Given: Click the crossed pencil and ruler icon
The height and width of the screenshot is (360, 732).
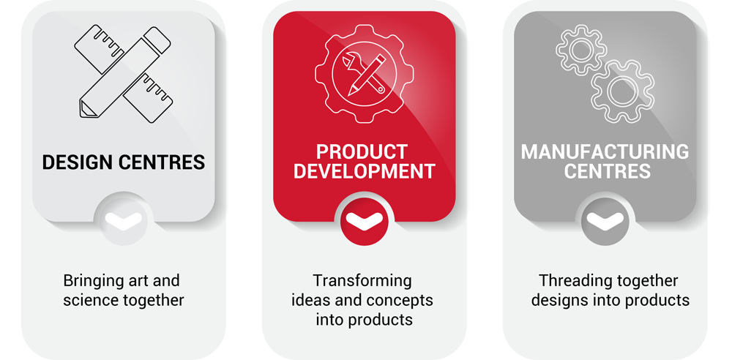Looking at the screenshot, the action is click(123, 74).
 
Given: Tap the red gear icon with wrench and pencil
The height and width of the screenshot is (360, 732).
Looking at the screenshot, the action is click(364, 74).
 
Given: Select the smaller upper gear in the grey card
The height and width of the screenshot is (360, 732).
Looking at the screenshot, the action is click(581, 50).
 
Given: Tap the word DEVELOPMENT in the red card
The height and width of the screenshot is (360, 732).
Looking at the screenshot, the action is click(364, 171).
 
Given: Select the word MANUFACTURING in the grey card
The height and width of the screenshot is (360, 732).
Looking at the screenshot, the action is click(605, 151).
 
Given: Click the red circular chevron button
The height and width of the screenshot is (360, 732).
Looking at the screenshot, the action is click(364, 221).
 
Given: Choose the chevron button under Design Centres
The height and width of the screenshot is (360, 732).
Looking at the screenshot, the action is click(123, 221).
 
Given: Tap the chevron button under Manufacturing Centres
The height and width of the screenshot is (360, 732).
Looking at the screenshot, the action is click(605, 221).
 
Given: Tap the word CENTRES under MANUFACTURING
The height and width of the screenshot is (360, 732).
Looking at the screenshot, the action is click(608, 171).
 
